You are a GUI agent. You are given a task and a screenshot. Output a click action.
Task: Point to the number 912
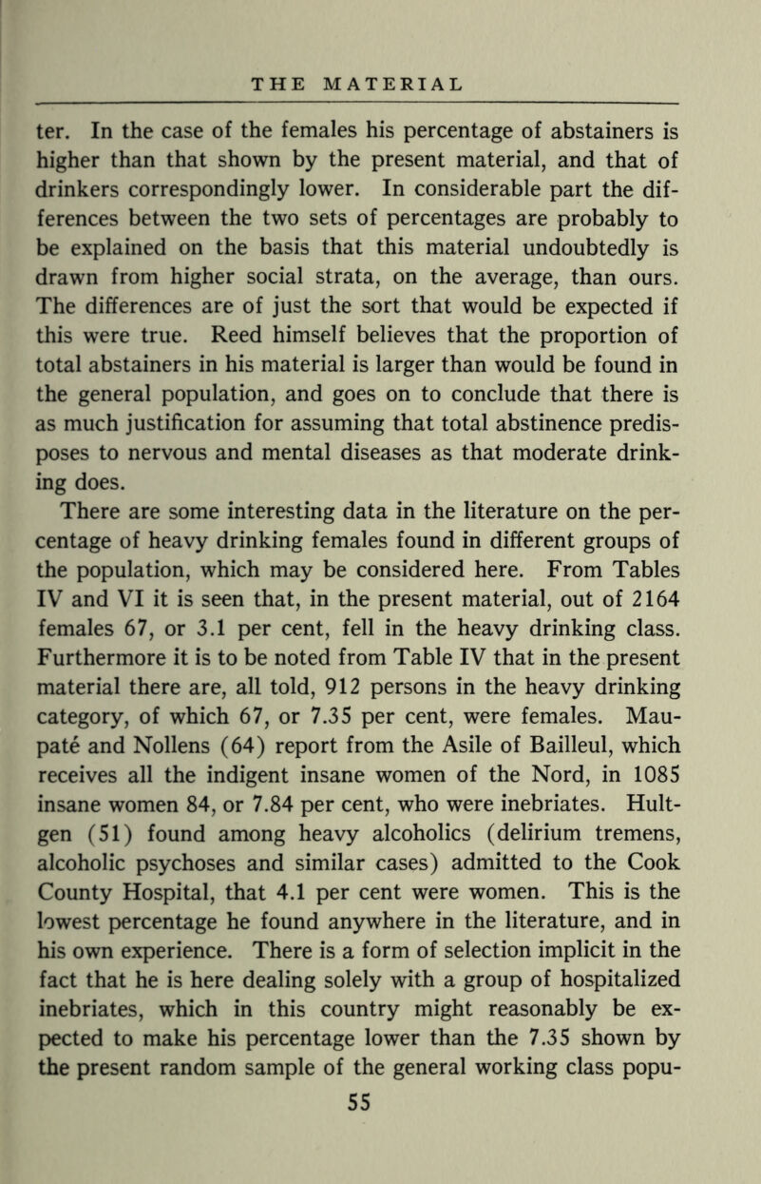pos(410,679)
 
